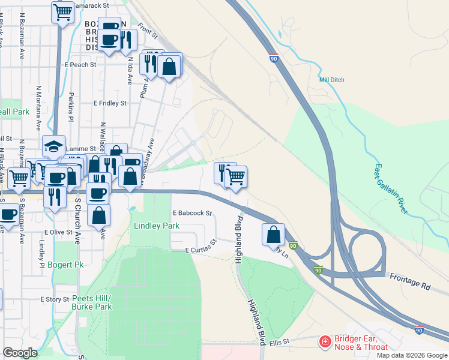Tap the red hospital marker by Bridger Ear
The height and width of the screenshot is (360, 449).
point(325,342)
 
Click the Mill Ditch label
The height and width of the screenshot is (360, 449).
point(333,79)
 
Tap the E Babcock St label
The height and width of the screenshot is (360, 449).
point(193,213)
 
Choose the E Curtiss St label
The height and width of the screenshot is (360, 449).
point(200,246)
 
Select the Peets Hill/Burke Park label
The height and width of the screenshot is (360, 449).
point(92,302)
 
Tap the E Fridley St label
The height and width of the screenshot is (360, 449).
point(110,103)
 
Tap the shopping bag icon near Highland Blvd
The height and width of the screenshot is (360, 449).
point(273,234)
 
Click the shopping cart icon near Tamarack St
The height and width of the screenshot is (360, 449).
point(62,11)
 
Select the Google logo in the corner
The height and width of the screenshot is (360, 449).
point(20,353)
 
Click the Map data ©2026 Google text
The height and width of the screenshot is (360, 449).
point(412,355)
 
